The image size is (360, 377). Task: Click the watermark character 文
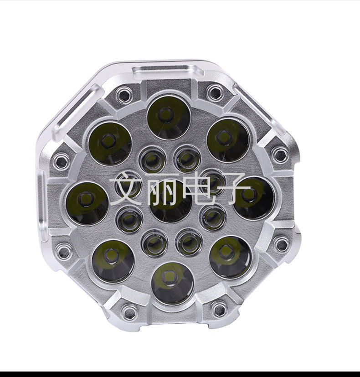point(127,189)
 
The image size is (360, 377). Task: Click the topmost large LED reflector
point(169,118)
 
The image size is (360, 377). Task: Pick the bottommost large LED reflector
point(173,283)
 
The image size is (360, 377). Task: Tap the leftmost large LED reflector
point(87,203)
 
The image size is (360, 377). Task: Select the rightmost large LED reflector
point(253,198)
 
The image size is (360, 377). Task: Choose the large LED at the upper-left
point(110,144)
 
